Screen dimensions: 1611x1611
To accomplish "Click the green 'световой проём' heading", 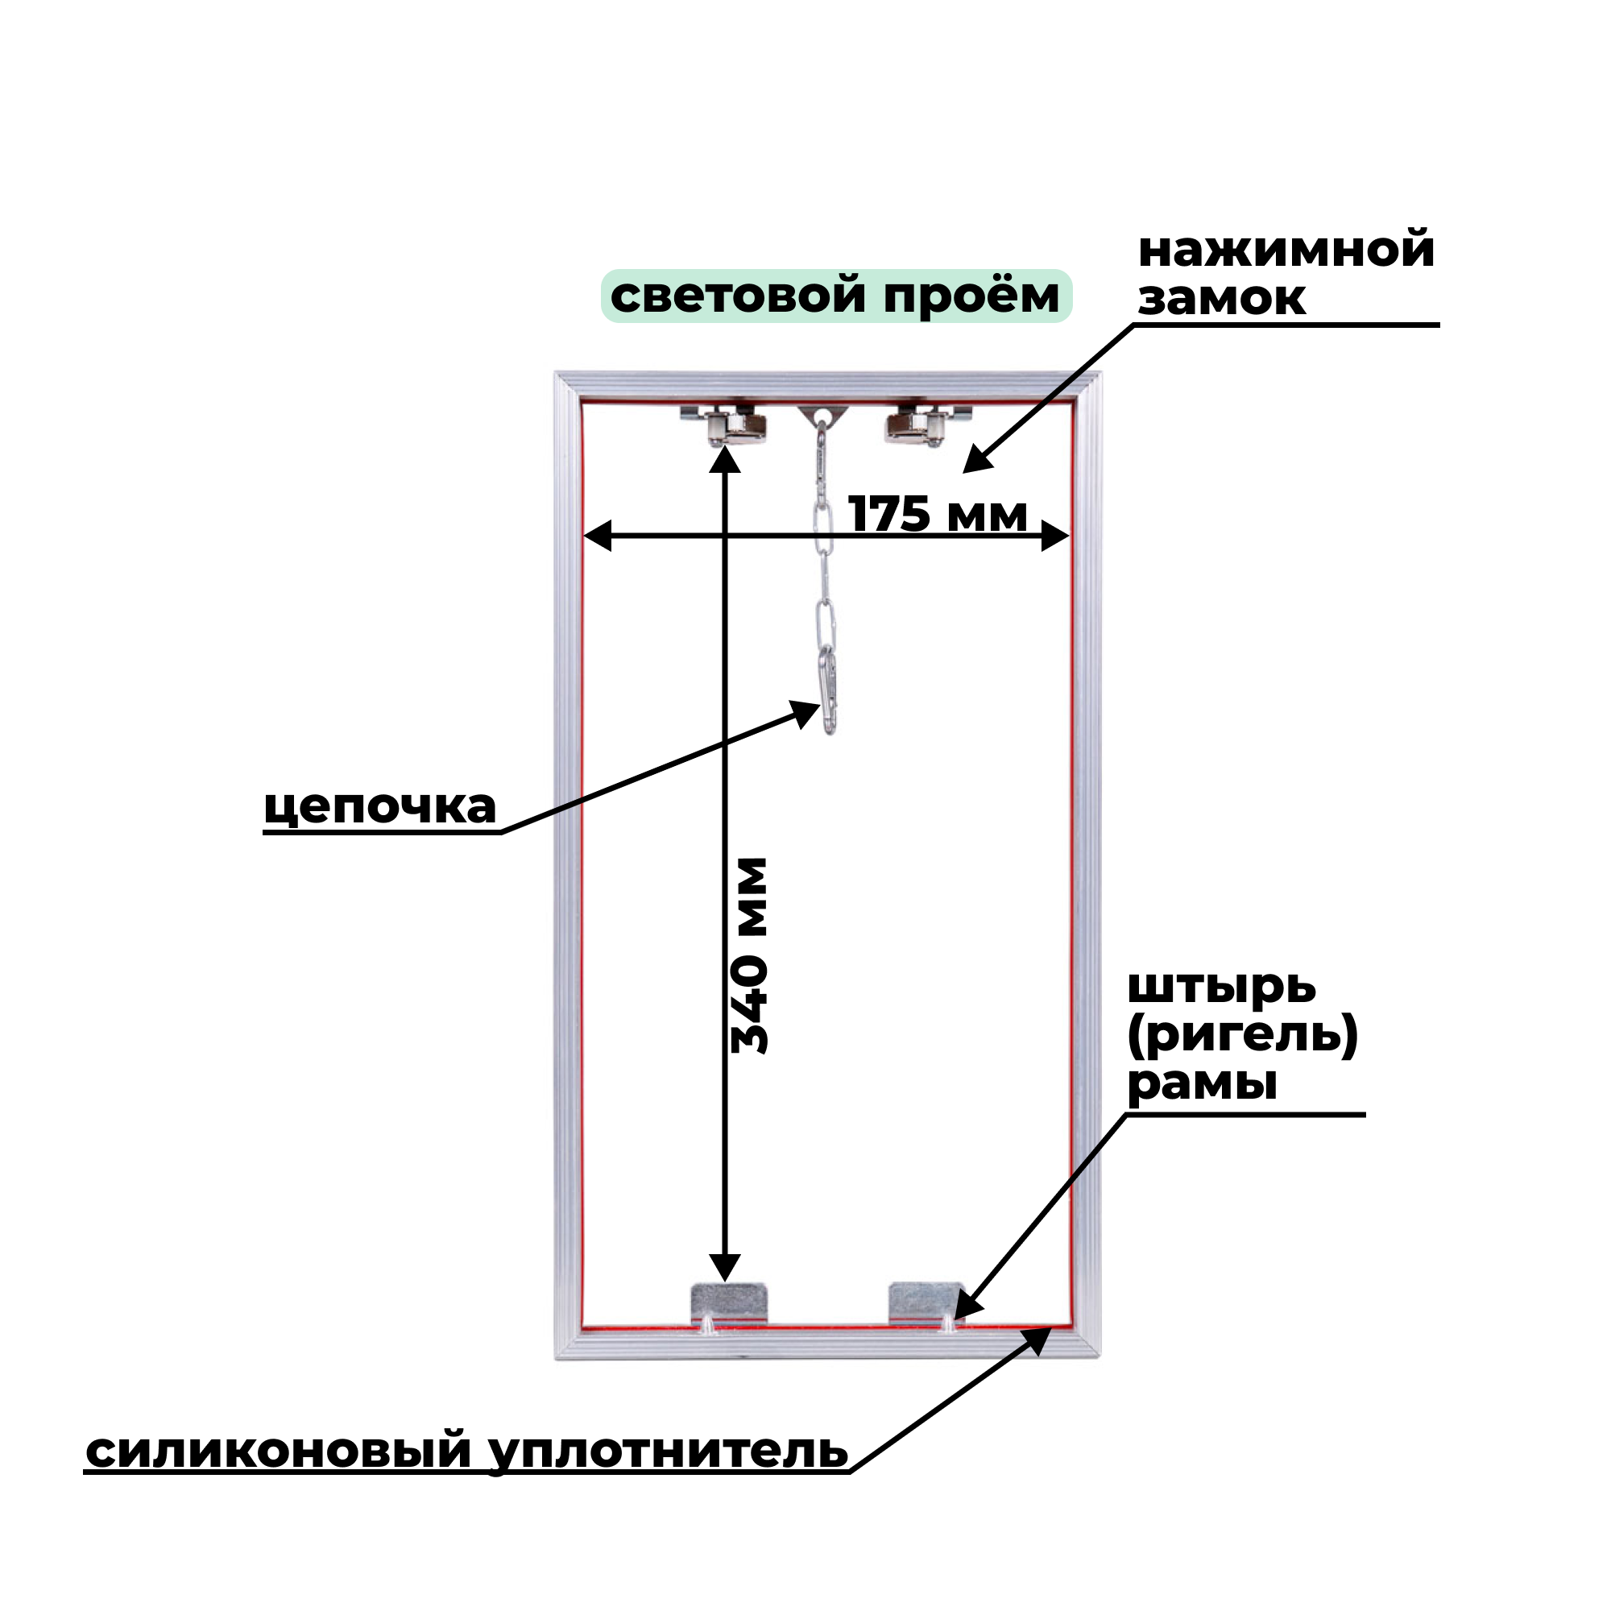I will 835,296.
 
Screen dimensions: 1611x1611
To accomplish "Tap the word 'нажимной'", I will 1286,251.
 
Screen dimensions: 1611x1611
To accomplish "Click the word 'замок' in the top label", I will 1222,299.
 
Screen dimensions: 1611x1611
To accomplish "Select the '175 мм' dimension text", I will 938,514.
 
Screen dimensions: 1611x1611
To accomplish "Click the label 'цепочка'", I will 380,806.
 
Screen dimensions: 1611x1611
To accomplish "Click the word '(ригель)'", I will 1242,1037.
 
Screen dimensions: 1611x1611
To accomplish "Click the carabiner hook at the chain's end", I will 828,691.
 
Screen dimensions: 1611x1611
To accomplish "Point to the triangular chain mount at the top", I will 823,414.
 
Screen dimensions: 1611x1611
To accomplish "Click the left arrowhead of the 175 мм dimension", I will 596,536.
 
